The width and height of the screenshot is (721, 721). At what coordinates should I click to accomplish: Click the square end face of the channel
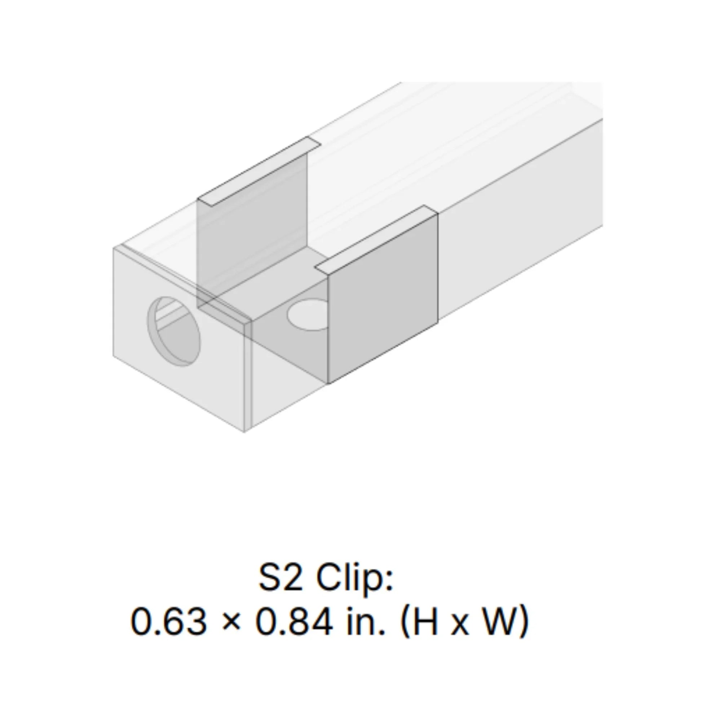pyautogui.click(x=179, y=336)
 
